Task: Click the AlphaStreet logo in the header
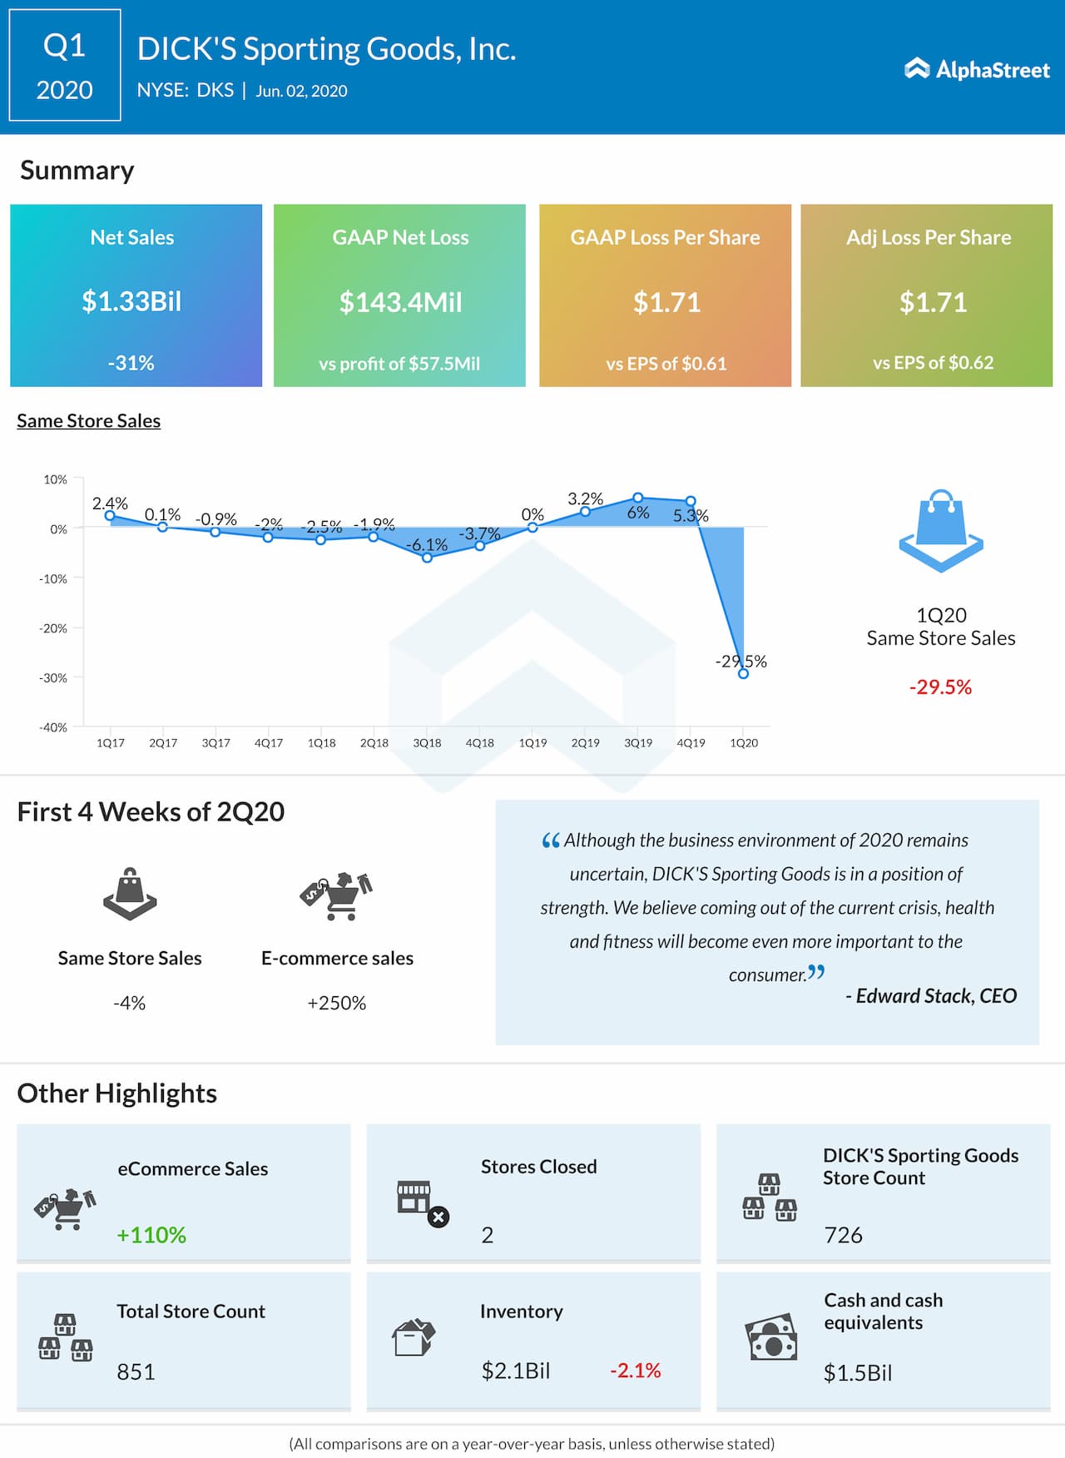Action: (x=977, y=70)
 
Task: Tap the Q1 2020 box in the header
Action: (x=65, y=66)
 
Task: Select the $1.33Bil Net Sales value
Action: (x=131, y=301)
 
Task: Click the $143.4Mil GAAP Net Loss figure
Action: (x=400, y=302)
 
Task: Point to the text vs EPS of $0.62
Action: (x=933, y=363)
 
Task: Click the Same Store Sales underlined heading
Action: (x=89, y=421)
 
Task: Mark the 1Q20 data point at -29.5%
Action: (x=743, y=673)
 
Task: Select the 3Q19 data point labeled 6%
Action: (x=638, y=498)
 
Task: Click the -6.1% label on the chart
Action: (x=427, y=545)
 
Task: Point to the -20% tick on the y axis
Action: (x=53, y=628)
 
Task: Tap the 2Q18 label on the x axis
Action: (x=374, y=743)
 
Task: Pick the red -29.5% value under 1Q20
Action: (x=940, y=687)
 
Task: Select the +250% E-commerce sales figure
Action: (x=337, y=1004)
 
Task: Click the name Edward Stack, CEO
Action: (x=932, y=996)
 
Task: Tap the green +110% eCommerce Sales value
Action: (x=151, y=1235)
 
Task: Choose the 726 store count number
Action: (x=843, y=1235)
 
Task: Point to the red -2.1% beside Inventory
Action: (x=635, y=1371)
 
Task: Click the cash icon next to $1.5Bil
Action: (x=770, y=1337)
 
